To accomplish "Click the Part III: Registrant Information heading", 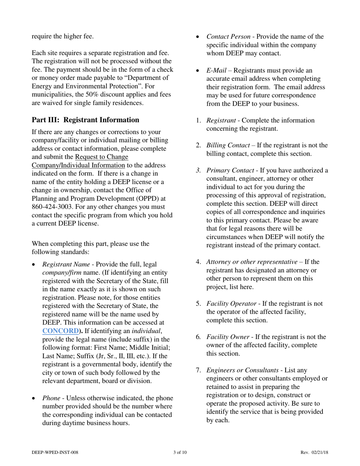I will click(x=86, y=120).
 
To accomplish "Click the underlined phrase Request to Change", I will click(x=102, y=157).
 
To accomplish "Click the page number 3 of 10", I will click(x=180, y=452).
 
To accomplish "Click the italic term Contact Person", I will click(x=228, y=37).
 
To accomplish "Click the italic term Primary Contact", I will click(x=230, y=170).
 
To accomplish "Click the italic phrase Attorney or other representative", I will click(x=252, y=262).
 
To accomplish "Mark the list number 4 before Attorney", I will click(x=198, y=262).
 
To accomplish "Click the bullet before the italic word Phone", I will click(x=34, y=398).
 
